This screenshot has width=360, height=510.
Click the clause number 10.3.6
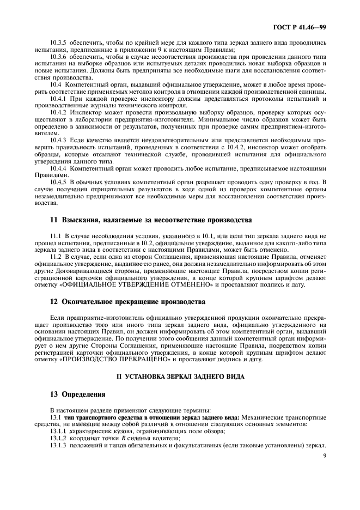(x=58, y=57)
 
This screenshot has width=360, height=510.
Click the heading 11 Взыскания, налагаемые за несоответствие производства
(x=143, y=220)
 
